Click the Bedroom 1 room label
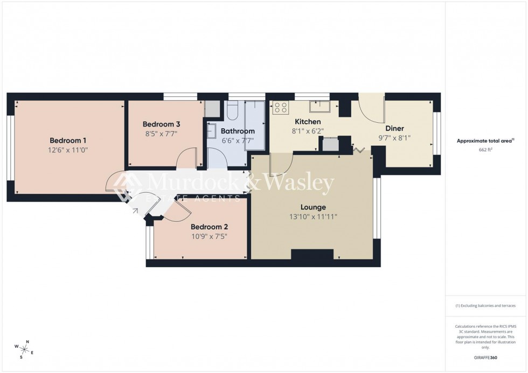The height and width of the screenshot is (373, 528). pos(68,140)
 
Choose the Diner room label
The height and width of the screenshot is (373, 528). pos(394,128)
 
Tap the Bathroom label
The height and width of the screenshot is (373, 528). pos(238,131)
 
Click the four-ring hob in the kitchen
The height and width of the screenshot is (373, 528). pos(280,108)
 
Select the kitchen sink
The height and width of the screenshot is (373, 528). pos(323,105)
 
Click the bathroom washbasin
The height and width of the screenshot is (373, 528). pos(211,130)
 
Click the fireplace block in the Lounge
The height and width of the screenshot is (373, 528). pos(312,255)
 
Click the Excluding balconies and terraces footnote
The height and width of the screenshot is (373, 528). pos(485,306)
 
